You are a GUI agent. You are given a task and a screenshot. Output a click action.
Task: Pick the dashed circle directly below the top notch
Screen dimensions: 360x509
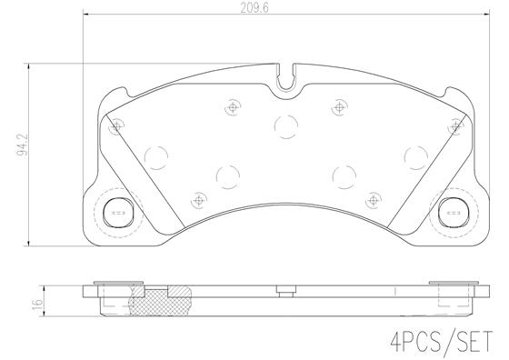[284, 125]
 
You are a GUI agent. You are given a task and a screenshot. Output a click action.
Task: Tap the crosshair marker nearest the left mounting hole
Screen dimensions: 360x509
[115, 128]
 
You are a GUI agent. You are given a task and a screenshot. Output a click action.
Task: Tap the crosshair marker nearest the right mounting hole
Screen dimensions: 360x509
[452, 128]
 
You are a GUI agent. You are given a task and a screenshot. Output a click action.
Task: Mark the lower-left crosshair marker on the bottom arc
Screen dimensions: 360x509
[198, 196]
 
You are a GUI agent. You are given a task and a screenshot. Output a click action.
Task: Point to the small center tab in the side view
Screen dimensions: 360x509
[284, 292]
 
